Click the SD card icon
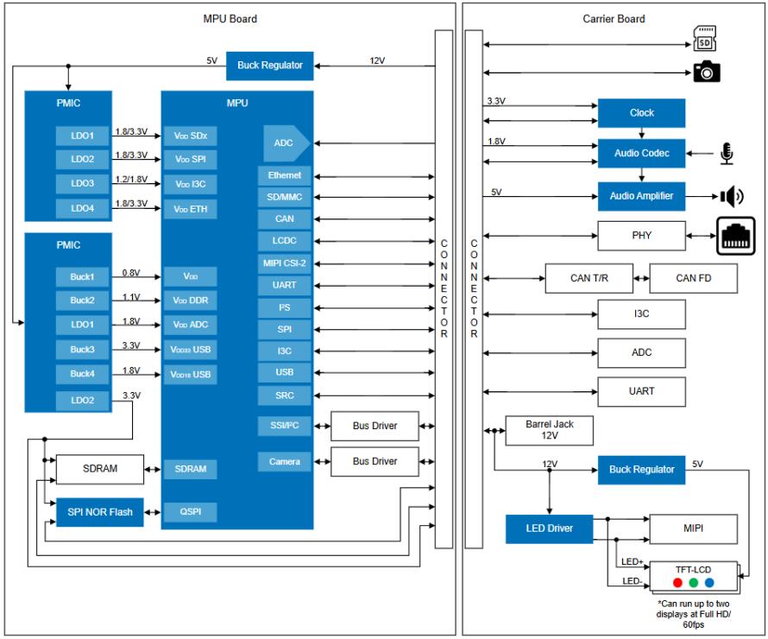(704, 38)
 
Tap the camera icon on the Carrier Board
(706, 72)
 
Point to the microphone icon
(727, 154)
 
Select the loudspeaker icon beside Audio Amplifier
(732, 197)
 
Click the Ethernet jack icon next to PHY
(736, 237)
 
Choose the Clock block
(641, 113)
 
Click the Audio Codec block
(641, 154)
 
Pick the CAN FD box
(693, 278)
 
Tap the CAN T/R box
(589, 278)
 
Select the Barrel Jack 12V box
(549, 430)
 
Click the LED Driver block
(549, 528)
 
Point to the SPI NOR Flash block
(100, 512)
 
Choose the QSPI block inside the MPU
(190, 511)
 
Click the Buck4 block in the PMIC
(82, 374)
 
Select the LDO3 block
(82, 183)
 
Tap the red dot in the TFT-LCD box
(677, 583)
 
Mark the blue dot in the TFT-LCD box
(709, 583)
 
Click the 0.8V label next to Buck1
(131, 273)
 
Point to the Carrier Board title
(614, 19)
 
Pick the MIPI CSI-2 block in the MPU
(284, 263)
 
